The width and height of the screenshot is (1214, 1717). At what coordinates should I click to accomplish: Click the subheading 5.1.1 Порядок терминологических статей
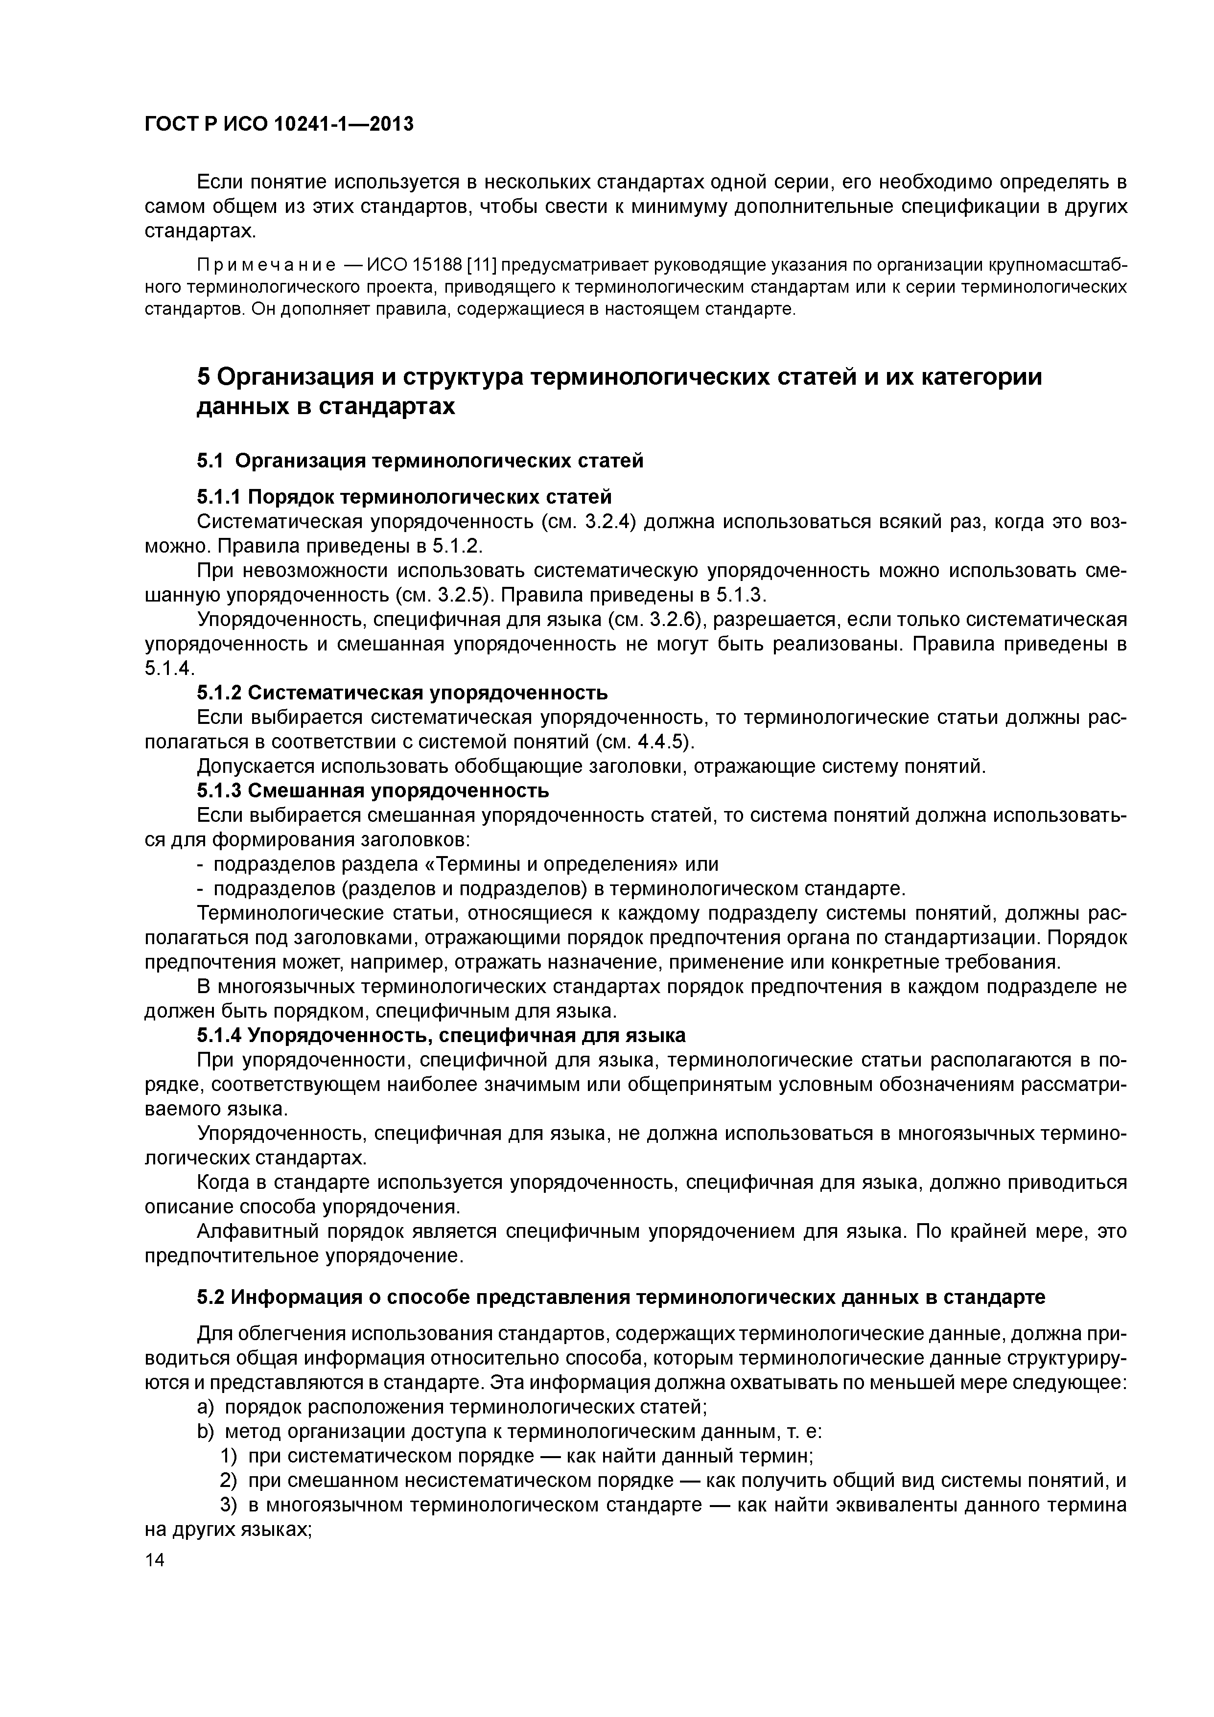click(404, 497)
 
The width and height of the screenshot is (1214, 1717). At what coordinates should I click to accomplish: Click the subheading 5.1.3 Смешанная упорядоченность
click(373, 790)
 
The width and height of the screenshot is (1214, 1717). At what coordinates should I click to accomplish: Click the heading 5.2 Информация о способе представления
click(621, 1298)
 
